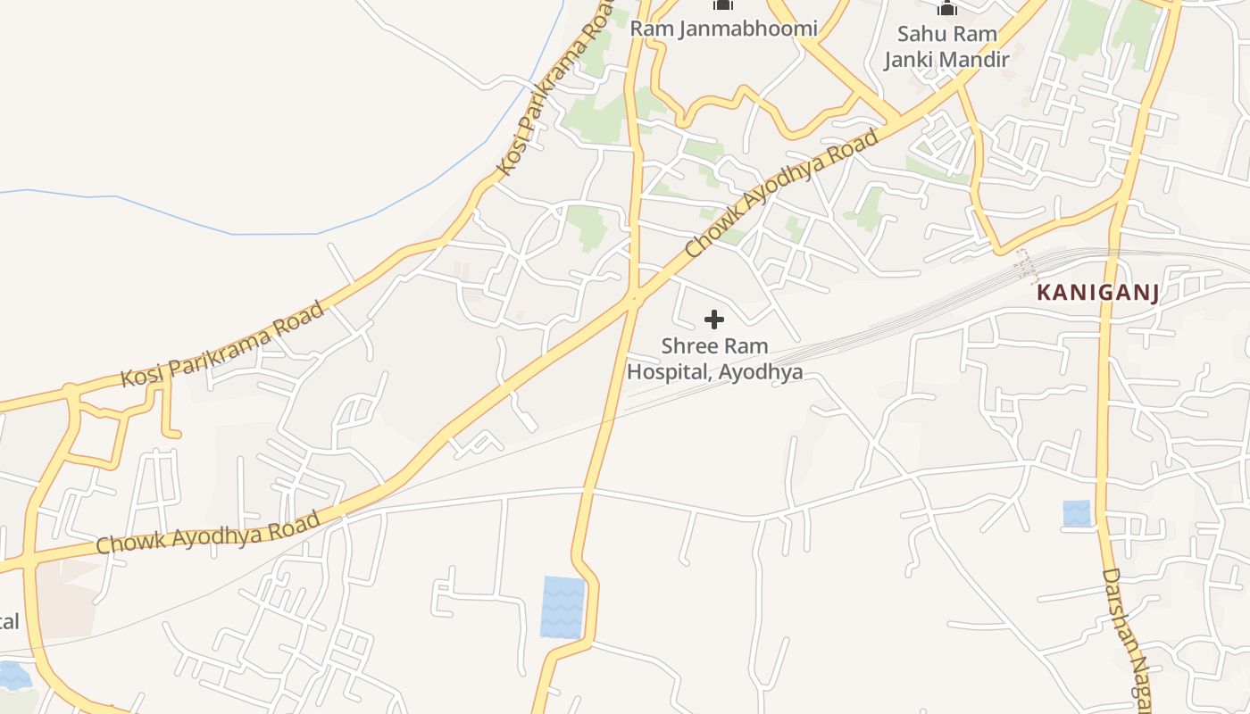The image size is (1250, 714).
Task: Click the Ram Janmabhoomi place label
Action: [723, 29]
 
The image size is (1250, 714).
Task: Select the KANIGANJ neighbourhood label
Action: [1097, 293]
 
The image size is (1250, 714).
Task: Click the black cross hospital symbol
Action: [714, 320]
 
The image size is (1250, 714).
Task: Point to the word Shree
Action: [689, 346]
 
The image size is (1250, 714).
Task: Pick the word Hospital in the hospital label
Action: [667, 371]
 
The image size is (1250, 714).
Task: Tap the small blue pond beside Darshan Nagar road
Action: [1077, 513]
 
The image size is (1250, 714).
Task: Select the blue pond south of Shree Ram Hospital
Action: [562, 607]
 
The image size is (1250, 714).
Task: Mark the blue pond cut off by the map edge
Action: [13, 676]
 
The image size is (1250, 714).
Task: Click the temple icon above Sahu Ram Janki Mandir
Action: [946, 9]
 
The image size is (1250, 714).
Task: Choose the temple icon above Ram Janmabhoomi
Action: [722, 5]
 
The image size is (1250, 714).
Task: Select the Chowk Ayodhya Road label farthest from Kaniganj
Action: [208, 532]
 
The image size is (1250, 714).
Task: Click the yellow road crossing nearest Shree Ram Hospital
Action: [635, 297]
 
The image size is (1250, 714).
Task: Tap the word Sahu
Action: [919, 34]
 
